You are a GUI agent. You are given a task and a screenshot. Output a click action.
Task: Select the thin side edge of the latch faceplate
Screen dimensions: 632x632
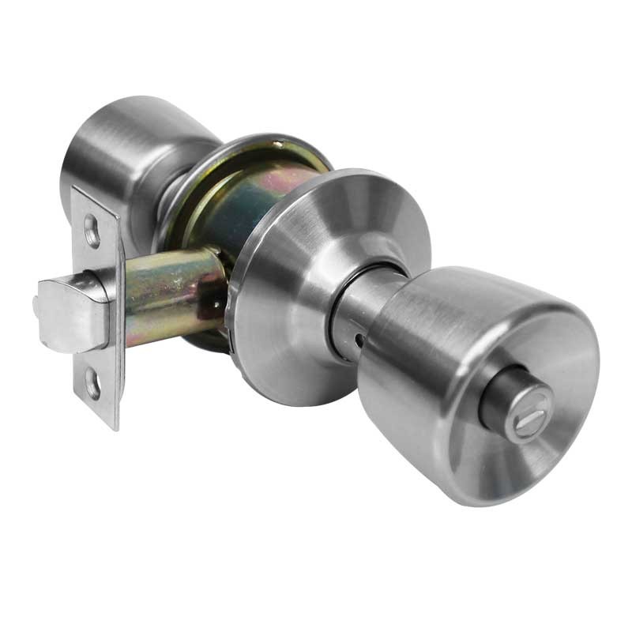click(120, 332)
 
